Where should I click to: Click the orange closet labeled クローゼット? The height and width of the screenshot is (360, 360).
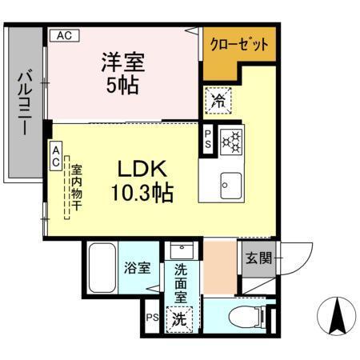click(x=238, y=46)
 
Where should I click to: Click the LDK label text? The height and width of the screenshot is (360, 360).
click(x=142, y=169)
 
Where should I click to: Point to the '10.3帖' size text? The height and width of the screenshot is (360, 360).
click(x=142, y=192)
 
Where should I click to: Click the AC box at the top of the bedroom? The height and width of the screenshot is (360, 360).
click(x=65, y=35)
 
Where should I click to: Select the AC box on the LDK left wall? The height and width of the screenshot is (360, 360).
click(x=57, y=155)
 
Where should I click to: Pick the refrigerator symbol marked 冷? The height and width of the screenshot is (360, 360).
click(x=218, y=100)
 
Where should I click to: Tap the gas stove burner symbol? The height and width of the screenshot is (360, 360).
click(x=232, y=141)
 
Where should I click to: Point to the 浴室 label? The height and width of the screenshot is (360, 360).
click(x=138, y=268)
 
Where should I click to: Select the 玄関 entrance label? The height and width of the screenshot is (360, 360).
click(x=258, y=258)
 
